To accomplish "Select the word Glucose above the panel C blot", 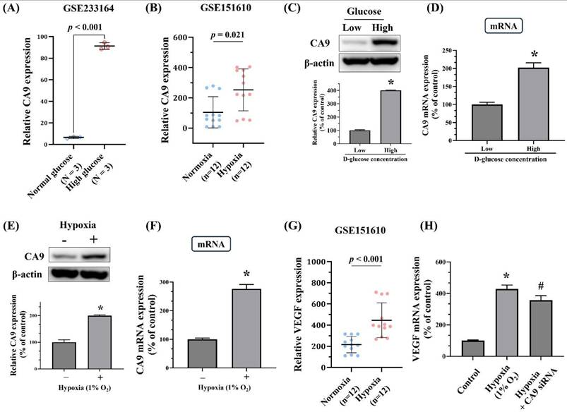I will [352, 11].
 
